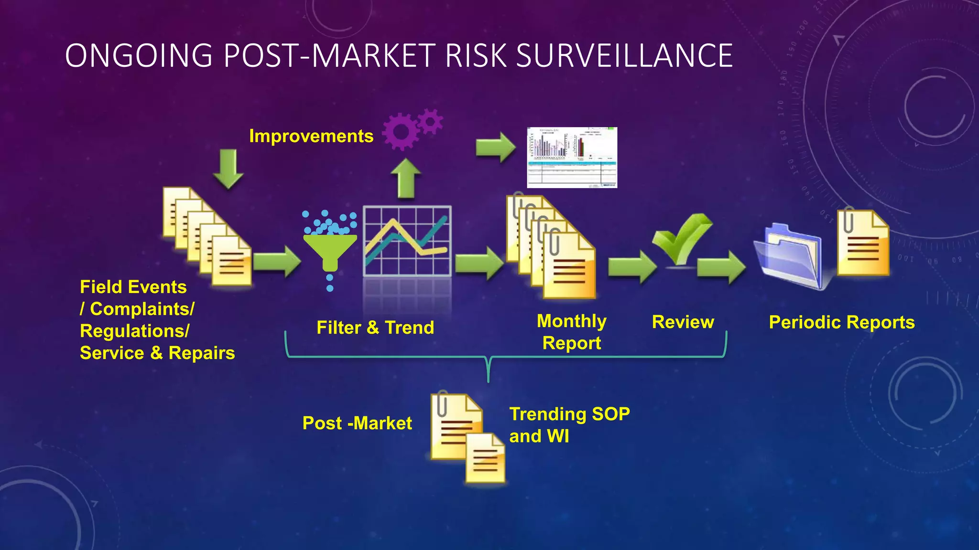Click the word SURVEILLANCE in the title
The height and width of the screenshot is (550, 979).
click(x=624, y=55)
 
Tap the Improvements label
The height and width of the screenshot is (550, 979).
click(x=311, y=136)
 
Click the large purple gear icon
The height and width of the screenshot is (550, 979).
click(x=401, y=132)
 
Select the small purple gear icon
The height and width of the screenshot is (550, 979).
click(x=431, y=121)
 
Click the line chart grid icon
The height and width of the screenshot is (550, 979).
click(x=407, y=241)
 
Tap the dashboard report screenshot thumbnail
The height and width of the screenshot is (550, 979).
click(x=572, y=157)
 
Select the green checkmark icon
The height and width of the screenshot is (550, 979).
click(x=682, y=239)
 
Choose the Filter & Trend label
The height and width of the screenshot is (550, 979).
click(x=375, y=328)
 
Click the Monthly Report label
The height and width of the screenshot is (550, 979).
click(x=572, y=332)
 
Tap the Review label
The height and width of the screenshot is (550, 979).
click(x=683, y=322)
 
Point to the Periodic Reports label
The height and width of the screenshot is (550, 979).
click(x=842, y=322)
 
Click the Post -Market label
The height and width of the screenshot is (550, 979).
click(x=357, y=423)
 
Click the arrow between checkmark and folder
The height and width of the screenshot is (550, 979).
click(x=721, y=267)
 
